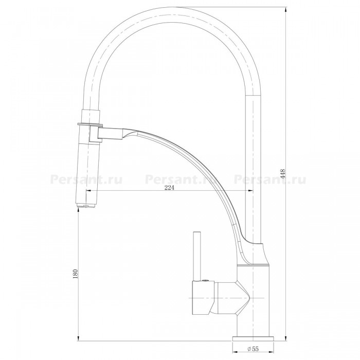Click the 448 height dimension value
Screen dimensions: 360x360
tap(282, 174)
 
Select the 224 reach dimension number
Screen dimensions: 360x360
tap(169, 188)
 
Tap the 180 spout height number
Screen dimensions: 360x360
tap(75, 274)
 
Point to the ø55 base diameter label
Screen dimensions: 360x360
tap(253, 349)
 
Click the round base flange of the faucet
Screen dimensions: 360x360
tap(253, 339)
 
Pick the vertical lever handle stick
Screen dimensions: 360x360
tap(197, 256)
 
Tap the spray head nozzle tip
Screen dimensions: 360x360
tap(85, 206)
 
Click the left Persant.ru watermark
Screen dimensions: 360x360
tap(86, 179)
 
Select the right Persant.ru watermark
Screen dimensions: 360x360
tap(270, 179)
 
